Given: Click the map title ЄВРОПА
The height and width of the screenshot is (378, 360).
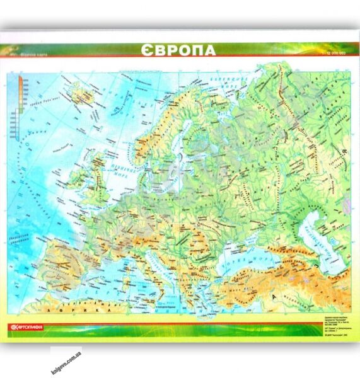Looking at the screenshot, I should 178,50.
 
